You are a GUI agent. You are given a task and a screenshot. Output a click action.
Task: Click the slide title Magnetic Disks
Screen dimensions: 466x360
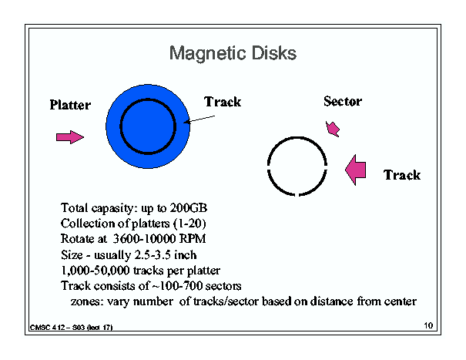[x=233, y=53]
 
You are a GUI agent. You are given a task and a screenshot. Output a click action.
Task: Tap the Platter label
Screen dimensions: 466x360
[x=70, y=105]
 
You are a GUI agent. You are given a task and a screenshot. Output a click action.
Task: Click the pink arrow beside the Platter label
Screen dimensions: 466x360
[x=70, y=137]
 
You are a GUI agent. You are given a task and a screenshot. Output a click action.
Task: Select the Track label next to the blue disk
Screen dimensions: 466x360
[x=223, y=102]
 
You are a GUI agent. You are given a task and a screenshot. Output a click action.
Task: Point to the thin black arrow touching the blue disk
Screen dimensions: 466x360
[x=199, y=119]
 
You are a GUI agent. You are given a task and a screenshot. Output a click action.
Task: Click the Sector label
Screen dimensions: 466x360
[x=343, y=101]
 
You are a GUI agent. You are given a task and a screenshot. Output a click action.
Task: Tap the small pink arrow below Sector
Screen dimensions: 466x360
[x=333, y=129]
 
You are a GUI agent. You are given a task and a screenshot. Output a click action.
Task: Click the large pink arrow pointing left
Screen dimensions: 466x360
[x=355, y=170]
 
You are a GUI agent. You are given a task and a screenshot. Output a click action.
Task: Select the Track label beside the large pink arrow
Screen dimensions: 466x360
[x=402, y=175]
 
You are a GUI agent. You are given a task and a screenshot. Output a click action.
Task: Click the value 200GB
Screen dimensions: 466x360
[x=188, y=208]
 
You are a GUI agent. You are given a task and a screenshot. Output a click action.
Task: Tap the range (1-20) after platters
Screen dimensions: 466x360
[x=189, y=224]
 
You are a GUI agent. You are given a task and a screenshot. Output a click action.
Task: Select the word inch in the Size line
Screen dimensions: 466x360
[x=185, y=255]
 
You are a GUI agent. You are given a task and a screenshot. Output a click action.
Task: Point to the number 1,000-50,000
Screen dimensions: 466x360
[x=95, y=271]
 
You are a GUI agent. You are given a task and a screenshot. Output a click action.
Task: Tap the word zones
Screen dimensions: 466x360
[x=87, y=301]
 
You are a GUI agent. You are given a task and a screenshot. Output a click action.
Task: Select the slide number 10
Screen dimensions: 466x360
[x=428, y=325]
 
